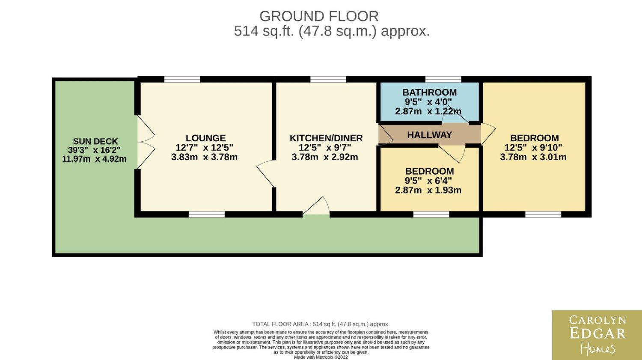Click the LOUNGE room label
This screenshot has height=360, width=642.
click(205, 138)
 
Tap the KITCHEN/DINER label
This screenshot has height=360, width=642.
click(326, 138)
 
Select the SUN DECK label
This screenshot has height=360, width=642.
click(95, 141)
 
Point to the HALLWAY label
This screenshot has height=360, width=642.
click(429, 135)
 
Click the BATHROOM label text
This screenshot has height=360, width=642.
click(429, 92)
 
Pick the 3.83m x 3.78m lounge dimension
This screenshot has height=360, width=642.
click(204, 157)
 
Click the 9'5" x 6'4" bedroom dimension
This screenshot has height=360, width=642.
click(428, 181)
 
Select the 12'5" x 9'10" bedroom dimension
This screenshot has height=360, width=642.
click(533, 148)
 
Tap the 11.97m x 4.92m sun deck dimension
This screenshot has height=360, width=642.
click(94, 158)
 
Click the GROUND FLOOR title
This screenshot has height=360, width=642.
click(319, 16)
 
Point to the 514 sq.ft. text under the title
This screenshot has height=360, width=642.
click(264, 31)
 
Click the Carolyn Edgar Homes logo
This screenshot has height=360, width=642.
click(597, 335)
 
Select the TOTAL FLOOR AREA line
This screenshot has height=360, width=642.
click(321, 324)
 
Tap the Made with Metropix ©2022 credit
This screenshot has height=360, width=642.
click(321, 357)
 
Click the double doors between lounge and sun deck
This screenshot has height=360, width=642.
click(146, 142)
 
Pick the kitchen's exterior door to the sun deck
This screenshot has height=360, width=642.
click(316, 206)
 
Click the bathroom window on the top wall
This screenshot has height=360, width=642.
click(443, 79)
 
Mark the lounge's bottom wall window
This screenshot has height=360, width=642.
click(207, 214)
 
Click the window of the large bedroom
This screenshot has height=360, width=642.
click(543, 214)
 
